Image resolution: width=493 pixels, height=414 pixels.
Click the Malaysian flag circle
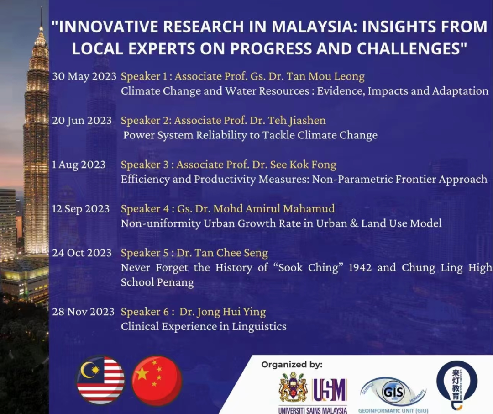click(100, 380)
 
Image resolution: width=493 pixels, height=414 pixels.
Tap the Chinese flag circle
click(157, 380)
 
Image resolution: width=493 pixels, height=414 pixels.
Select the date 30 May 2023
click(84, 76)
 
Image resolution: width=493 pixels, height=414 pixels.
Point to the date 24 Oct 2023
click(82, 253)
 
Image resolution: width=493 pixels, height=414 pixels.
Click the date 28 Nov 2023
click(84, 312)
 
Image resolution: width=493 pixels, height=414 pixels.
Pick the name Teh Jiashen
click(297, 121)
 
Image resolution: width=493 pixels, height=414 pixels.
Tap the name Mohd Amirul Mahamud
click(274, 209)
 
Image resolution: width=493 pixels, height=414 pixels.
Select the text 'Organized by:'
click(292, 365)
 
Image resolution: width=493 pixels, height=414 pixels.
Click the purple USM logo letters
click(329, 390)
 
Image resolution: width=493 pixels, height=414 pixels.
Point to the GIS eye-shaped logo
click(393, 392)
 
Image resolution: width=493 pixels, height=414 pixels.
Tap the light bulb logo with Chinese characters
click(457, 385)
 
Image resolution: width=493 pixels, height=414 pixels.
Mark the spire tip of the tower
click(41, 7)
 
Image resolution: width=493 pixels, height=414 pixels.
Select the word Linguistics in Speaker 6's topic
click(259, 326)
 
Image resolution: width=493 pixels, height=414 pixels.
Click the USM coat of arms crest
click(293, 387)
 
